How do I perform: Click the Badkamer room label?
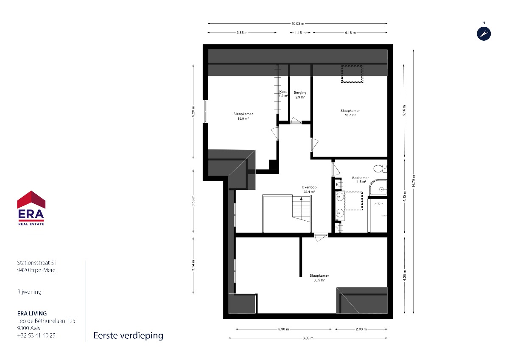pyautogui.click(x=361, y=180)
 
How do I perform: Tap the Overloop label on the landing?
pyautogui.click(x=309, y=189)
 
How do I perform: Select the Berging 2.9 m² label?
pyautogui.click(x=300, y=95)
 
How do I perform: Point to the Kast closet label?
pyautogui.click(x=283, y=94)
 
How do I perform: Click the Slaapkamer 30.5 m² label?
pyautogui.click(x=319, y=278)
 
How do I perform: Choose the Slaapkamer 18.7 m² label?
pyautogui.click(x=350, y=113)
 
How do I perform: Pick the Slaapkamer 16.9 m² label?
pyautogui.click(x=243, y=116)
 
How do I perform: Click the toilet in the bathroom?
pyautogui.click(x=380, y=169)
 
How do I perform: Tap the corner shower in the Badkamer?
pyautogui.click(x=378, y=188)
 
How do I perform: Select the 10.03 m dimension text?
pyautogui.click(x=298, y=23)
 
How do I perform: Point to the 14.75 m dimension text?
pyautogui.click(x=413, y=181)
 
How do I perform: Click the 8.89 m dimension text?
pyautogui.click(x=308, y=338)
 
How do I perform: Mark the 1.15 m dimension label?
pyautogui.click(x=300, y=33)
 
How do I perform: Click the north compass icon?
pyautogui.click(x=484, y=34)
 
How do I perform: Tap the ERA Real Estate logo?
pyautogui.click(x=31, y=208)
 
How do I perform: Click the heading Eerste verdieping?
pyautogui.click(x=129, y=336)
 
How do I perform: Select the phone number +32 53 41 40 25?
pyautogui.click(x=36, y=335)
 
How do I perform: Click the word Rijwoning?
pyautogui.click(x=29, y=292)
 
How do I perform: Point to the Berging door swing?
pyautogui.click(x=296, y=121)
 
